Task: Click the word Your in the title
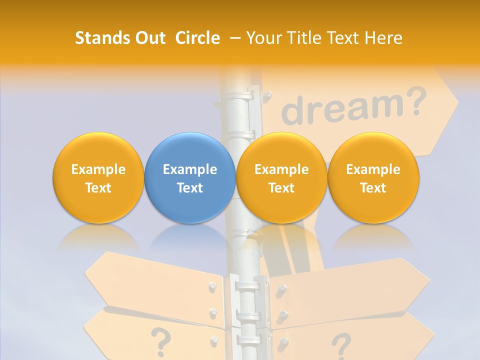pos(262,38)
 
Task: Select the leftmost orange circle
pos(98,178)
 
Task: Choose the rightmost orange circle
pos(373,178)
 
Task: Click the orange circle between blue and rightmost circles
pos(281,178)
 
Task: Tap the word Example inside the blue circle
pos(190,169)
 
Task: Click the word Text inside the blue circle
pos(190,188)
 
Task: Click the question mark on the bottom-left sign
pos(160,340)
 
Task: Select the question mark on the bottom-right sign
pos(341,345)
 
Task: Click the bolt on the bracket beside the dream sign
pos(267,93)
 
